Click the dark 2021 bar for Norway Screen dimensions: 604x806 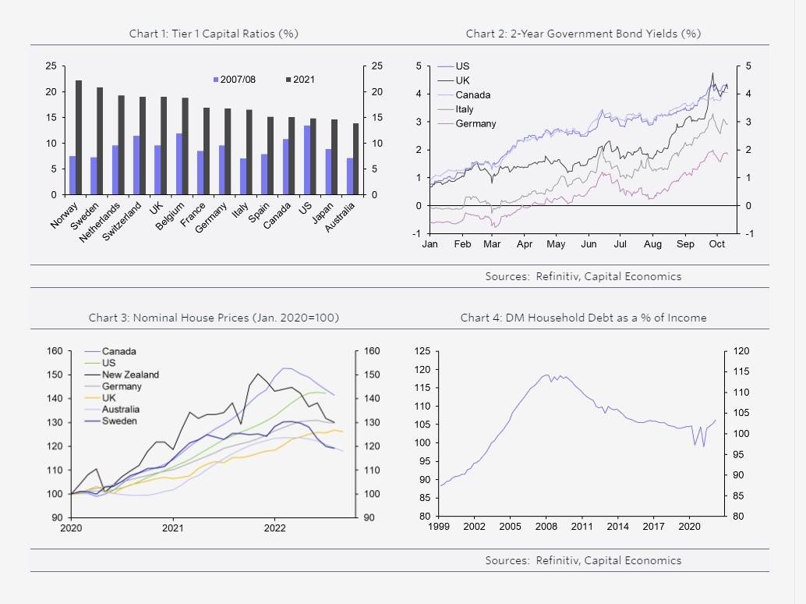(x=79, y=137)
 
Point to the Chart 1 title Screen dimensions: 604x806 (x=214, y=34)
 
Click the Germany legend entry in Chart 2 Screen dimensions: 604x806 (x=475, y=123)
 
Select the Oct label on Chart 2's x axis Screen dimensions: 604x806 (x=717, y=244)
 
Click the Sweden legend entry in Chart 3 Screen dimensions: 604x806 (x=118, y=421)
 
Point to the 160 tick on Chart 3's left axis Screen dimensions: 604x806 (x=55, y=351)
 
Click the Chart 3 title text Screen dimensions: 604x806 (x=214, y=318)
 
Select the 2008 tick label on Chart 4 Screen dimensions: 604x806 (x=546, y=527)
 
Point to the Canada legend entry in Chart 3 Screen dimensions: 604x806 (x=118, y=351)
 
